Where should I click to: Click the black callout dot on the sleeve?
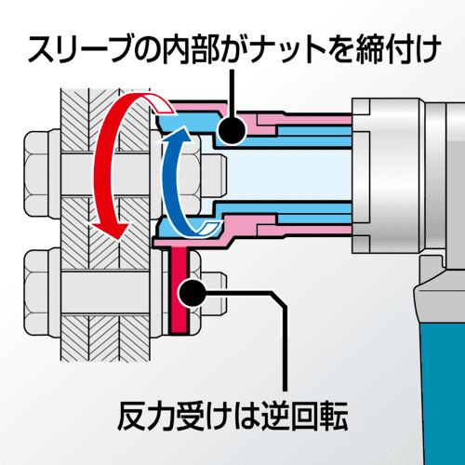point(232,129)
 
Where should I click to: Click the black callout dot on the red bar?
point(193,293)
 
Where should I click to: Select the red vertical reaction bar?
point(179,290)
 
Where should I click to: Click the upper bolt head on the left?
point(43,174)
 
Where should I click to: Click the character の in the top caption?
point(145,49)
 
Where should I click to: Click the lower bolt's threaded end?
point(214,293)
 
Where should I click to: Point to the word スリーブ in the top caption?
point(77,49)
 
